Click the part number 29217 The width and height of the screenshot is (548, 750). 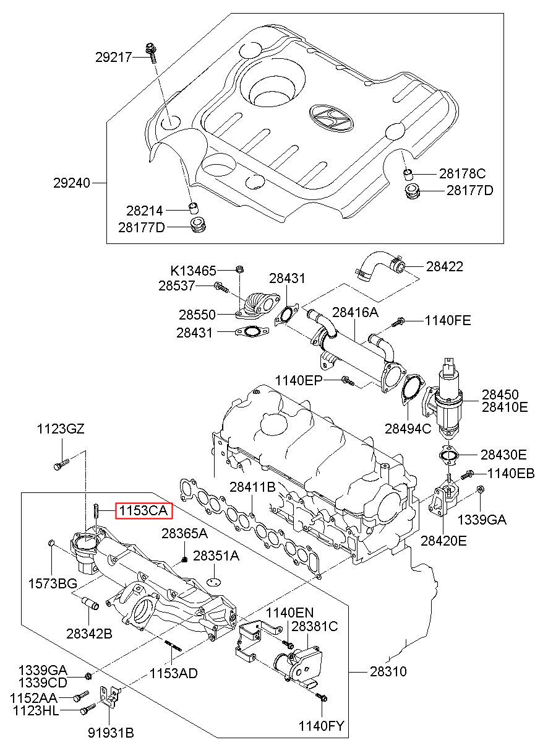113,58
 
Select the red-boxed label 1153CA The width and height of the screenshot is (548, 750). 142,510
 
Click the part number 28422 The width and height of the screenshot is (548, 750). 444,267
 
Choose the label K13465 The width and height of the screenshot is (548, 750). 194,271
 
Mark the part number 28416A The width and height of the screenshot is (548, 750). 355,312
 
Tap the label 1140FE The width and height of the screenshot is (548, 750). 448,320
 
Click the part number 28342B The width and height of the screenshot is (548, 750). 89,633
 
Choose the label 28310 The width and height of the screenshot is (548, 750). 388,671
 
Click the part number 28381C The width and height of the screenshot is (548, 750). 314,626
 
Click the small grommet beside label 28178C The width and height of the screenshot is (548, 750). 408,172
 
